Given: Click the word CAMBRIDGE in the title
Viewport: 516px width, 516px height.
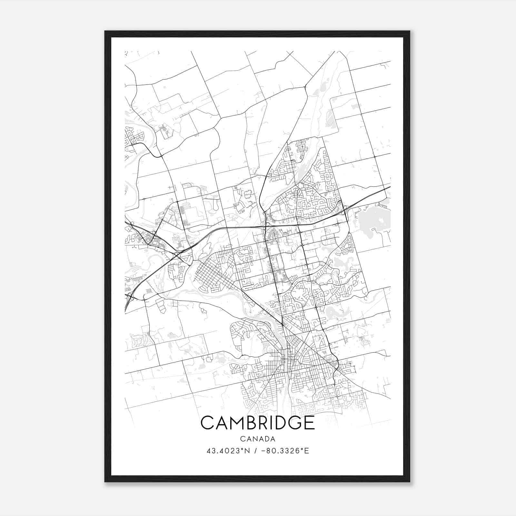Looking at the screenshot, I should click(x=257, y=422).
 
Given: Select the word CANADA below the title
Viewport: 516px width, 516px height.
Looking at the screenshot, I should click(x=257, y=439).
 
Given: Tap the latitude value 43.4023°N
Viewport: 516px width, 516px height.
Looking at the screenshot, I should click(x=228, y=451).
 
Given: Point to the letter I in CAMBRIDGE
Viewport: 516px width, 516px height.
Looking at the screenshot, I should click(x=272, y=422).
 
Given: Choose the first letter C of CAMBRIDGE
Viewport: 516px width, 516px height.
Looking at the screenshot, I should click(x=207, y=422).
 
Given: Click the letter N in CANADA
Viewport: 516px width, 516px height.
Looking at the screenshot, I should click(x=254, y=439).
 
